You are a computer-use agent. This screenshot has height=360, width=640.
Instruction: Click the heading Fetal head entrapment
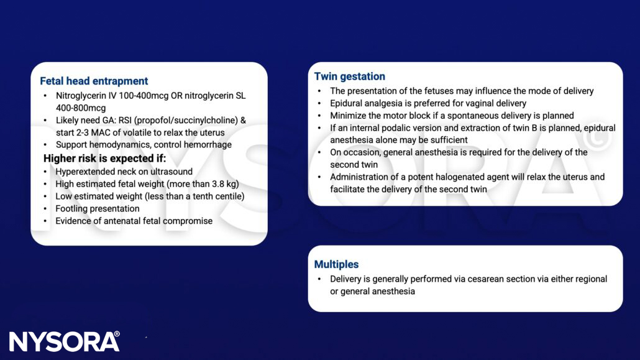(94, 81)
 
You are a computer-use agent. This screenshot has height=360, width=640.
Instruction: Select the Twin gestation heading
(349, 76)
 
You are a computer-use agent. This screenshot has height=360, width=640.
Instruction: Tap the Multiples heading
(336, 264)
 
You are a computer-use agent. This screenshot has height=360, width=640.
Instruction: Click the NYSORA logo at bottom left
(64, 341)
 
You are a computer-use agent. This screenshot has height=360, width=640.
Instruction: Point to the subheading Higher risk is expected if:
(105, 158)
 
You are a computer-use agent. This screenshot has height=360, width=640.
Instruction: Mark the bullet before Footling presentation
(45, 208)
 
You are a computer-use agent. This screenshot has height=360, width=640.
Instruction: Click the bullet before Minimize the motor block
(319, 116)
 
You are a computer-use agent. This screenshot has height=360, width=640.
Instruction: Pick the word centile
(227, 196)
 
